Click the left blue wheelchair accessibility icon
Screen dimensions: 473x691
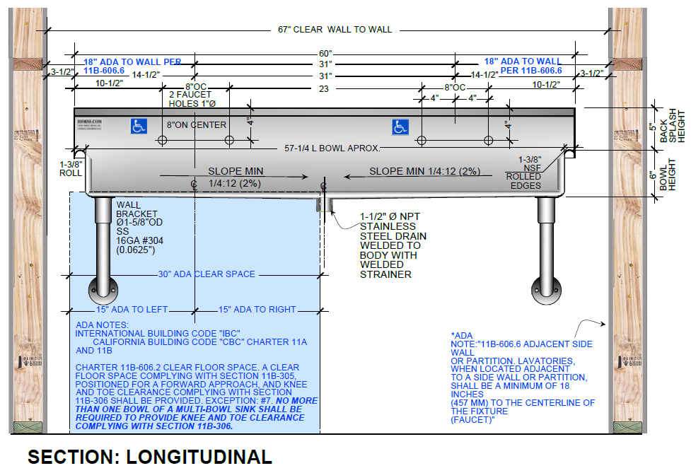(139, 127)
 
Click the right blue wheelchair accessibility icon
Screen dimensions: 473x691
(401, 127)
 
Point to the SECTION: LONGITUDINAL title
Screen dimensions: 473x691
(149, 457)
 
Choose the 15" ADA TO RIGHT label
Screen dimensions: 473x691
(257, 310)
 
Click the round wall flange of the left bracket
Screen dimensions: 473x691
(100, 290)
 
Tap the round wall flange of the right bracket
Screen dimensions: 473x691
(545, 290)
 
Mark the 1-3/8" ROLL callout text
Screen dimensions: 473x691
(71, 168)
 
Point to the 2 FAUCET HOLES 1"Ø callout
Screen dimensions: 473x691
(192, 99)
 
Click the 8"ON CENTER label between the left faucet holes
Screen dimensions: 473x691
(196, 125)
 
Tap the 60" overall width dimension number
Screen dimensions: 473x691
(325, 54)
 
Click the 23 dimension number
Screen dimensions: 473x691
(324, 88)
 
